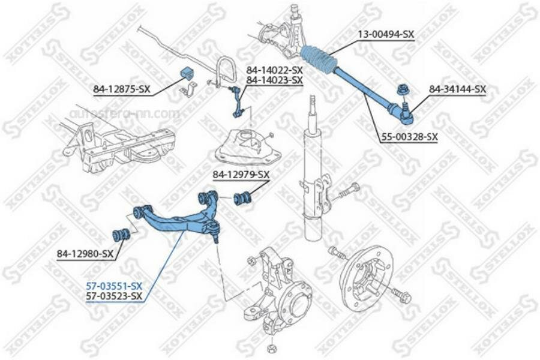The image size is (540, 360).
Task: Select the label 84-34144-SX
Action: coord(457,89)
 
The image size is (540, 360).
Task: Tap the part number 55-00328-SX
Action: coord(409,137)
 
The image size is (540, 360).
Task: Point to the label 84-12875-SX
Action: coord(121,90)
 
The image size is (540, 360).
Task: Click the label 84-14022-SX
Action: coord(274,70)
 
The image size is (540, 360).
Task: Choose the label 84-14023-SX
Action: coord(274,80)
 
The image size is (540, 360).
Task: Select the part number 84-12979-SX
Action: coord(241,175)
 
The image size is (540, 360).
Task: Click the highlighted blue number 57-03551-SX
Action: coord(113,286)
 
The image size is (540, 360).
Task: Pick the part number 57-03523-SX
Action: coord(113,296)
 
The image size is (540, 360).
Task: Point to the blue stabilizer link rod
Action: coord(235,100)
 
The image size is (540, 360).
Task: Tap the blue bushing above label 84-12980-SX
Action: coord(122,233)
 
